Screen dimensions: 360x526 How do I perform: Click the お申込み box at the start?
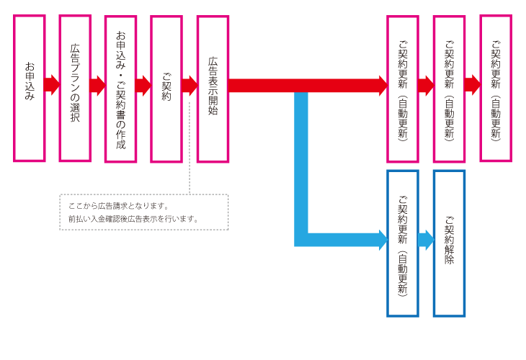coord(29,88)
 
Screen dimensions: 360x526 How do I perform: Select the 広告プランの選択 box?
coord(75,88)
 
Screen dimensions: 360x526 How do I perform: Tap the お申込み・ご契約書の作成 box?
coord(120,88)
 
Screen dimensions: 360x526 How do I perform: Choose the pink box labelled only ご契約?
coord(166,88)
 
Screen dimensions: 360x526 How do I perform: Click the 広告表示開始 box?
coord(213,88)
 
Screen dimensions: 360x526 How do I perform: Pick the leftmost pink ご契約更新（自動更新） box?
coord(403,88)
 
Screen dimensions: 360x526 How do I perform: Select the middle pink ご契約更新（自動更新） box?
coord(449,88)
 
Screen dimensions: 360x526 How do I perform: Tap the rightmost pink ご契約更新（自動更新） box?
coord(496,88)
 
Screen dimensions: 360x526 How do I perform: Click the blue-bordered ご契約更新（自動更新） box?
coord(403,243)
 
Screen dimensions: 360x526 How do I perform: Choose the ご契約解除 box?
coord(449,243)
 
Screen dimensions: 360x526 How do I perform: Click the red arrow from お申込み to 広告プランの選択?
coord(52,85)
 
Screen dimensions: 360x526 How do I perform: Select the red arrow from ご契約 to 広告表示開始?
coord(190,85)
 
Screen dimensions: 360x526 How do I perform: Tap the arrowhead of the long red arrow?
coord(383,85)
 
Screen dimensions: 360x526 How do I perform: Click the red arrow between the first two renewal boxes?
coord(426,85)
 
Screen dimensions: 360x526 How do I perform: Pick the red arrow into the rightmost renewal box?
coord(473,85)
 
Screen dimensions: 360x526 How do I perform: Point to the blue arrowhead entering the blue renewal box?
coord(383,240)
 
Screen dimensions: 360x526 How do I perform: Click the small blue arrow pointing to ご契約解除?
coord(426,240)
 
